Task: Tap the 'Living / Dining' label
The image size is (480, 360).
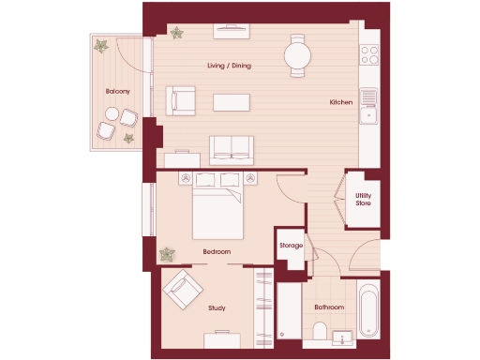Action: pyautogui.click(x=229, y=66)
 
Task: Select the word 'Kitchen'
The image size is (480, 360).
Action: pyautogui.click(x=340, y=102)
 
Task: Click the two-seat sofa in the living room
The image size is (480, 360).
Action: pyautogui.click(x=230, y=148)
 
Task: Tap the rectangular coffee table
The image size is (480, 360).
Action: pyautogui.click(x=232, y=100)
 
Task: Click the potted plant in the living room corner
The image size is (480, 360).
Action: pyautogui.click(x=175, y=33)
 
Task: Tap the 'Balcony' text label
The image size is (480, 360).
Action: pyautogui.click(x=117, y=91)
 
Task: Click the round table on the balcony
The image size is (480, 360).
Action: pyautogui.click(x=112, y=115)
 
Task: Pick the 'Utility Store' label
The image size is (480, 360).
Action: pyautogui.click(x=364, y=199)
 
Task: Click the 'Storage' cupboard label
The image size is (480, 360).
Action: pyautogui.click(x=291, y=246)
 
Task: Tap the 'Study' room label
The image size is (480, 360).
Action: pyautogui.click(x=217, y=307)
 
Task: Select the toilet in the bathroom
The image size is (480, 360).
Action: pyautogui.click(x=321, y=333)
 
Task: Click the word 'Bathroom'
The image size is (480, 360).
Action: pyautogui.click(x=329, y=307)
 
